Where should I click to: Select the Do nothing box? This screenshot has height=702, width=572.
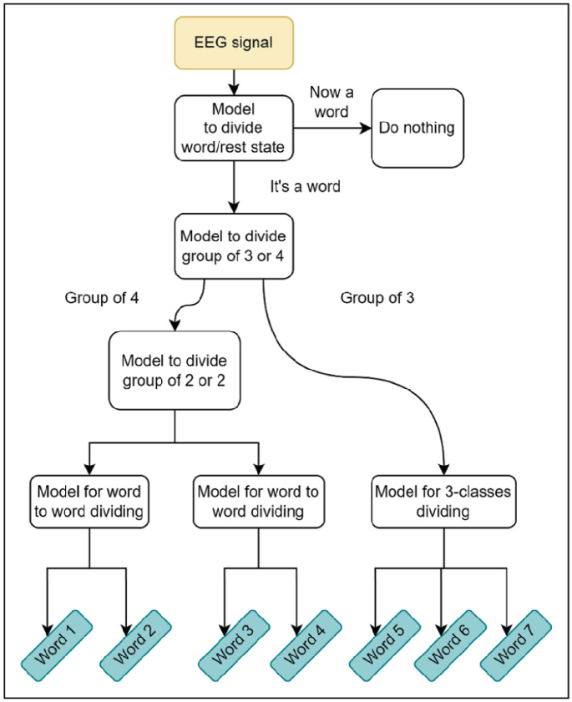pyautogui.click(x=417, y=128)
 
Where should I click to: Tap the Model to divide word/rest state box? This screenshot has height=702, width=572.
pyautogui.click(x=234, y=128)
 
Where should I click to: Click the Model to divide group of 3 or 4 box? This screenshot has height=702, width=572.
pyautogui.click(x=234, y=246)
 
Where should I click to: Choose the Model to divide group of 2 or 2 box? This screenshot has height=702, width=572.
pyautogui.click(x=174, y=371)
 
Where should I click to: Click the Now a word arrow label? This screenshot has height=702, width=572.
pyautogui.click(x=332, y=101)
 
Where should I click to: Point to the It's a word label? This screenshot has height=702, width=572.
pyautogui.click(x=305, y=186)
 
